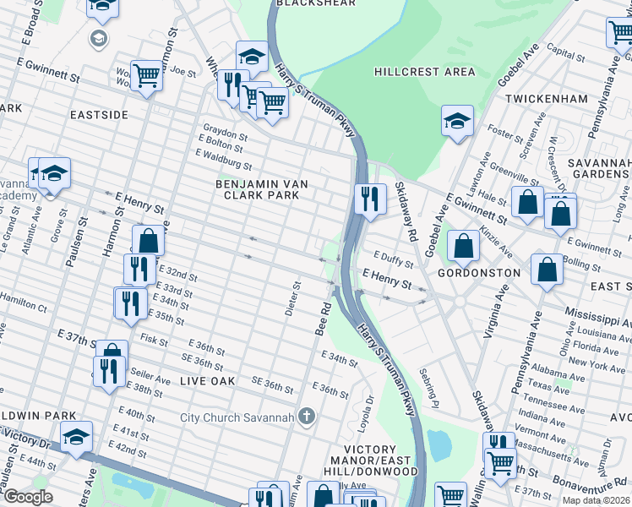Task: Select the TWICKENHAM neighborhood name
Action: (546, 99)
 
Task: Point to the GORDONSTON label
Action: (478, 274)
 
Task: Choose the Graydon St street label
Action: (224, 135)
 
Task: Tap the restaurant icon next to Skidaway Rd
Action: (369, 199)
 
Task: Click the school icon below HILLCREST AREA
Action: (457, 121)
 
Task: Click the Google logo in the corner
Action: (28, 496)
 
